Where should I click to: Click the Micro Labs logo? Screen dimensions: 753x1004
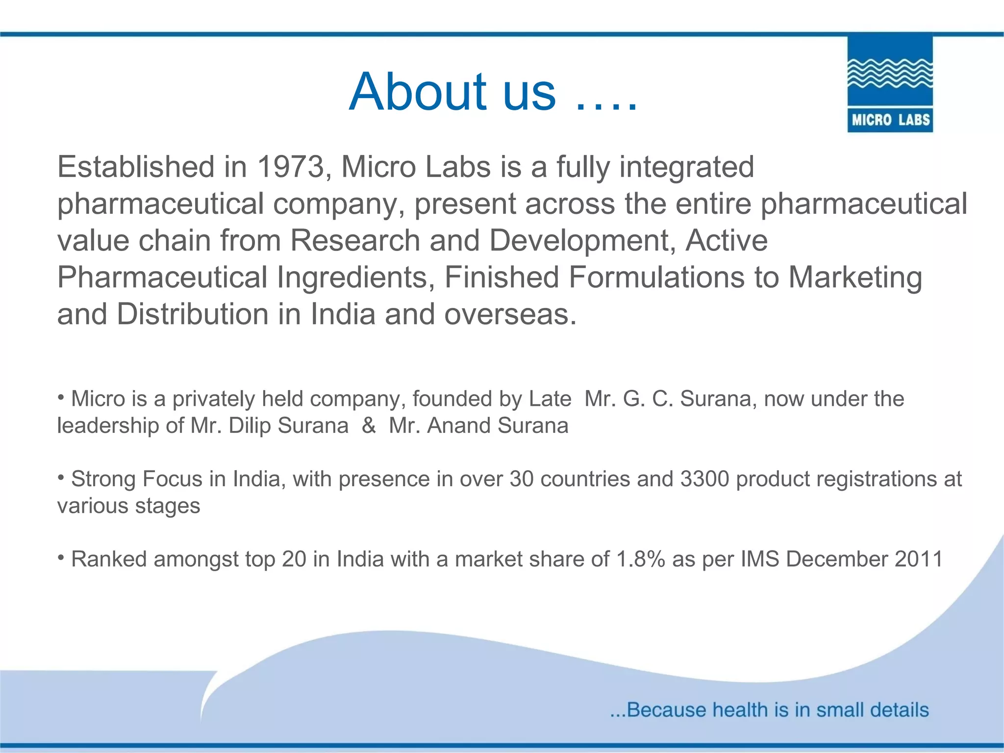[890, 84]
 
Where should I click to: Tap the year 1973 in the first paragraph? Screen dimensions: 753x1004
[291, 167]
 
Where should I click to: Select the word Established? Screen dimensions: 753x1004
[136, 167]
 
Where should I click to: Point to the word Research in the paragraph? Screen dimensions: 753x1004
[355, 241]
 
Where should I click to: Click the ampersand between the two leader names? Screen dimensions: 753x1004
[369, 426]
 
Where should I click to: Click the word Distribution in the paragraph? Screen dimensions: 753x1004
[192, 314]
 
